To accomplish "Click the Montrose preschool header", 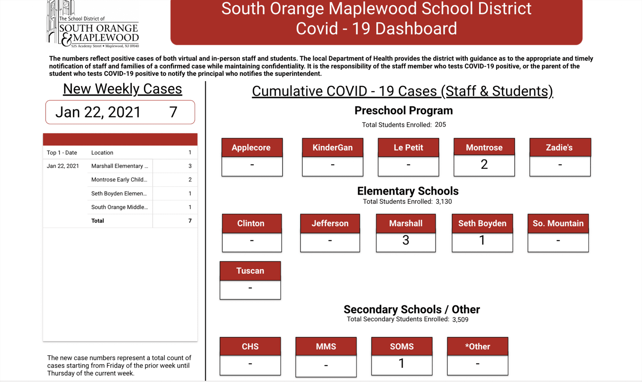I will (x=484, y=147).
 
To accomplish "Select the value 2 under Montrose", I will (x=484, y=165).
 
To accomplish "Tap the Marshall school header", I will (x=406, y=223).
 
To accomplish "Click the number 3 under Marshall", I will (x=406, y=240).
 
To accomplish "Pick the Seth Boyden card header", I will (x=482, y=223).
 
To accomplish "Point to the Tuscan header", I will (x=250, y=271).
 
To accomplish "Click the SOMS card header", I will (x=402, y=346).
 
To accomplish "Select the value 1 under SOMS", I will (x=402, y=363).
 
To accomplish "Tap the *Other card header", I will (x=477, y=346).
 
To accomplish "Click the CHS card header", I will (x=250, y=346).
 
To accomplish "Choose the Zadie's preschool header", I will (x=560, y=147).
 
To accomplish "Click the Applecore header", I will (x=251, y=147).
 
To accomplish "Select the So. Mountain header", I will (x=558, y=223).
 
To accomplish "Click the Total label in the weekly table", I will (x=98, y=221).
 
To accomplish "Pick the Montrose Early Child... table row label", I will (x=119, y=180).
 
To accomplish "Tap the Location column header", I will (x=102, y=153).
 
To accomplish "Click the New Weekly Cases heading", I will (x=122, y=89).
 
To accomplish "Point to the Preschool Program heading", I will (x=403, y=110).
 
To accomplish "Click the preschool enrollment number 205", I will (x=440, y=125).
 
